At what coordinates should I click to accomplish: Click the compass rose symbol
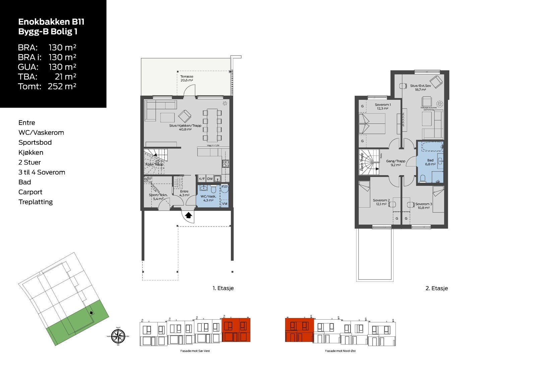[x=118, y=336]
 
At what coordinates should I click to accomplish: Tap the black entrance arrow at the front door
[x=189, y=215]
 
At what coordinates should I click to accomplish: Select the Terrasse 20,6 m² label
[x=187, y=78]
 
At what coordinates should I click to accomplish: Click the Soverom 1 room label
[x=383, y=107]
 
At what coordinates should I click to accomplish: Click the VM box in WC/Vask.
[x=224, y=203]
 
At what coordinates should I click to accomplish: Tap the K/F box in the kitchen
[x=202, y=179]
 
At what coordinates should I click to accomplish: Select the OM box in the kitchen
[x=210, y=179]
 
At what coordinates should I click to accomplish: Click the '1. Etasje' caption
[x=223, y=288]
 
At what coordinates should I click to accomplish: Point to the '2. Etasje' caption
[x=437, y=288]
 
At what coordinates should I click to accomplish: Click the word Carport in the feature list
[x=30, y=192]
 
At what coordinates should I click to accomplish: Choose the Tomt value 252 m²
[x=62, y=86]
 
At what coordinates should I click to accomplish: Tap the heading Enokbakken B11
[x=51, y=22]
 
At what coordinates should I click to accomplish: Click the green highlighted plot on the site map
[x=77, y=322]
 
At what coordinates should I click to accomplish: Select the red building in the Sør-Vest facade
[x=236, y=330]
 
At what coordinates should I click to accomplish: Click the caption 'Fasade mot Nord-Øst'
[x=340, y=351]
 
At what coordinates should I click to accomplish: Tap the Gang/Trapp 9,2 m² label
[x=396, y=163]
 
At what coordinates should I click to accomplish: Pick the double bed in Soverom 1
[x=372, y=124]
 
